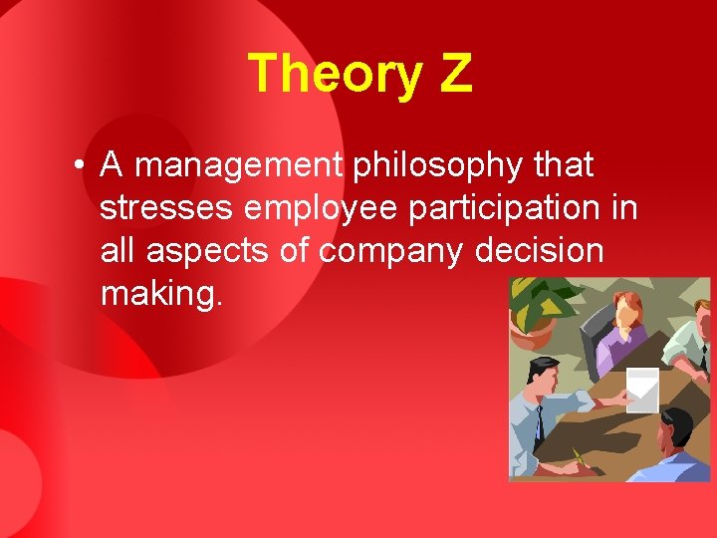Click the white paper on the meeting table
[x=642, y=389]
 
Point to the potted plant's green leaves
[x=543, y=299]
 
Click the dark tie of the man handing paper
[x=538, y=423]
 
